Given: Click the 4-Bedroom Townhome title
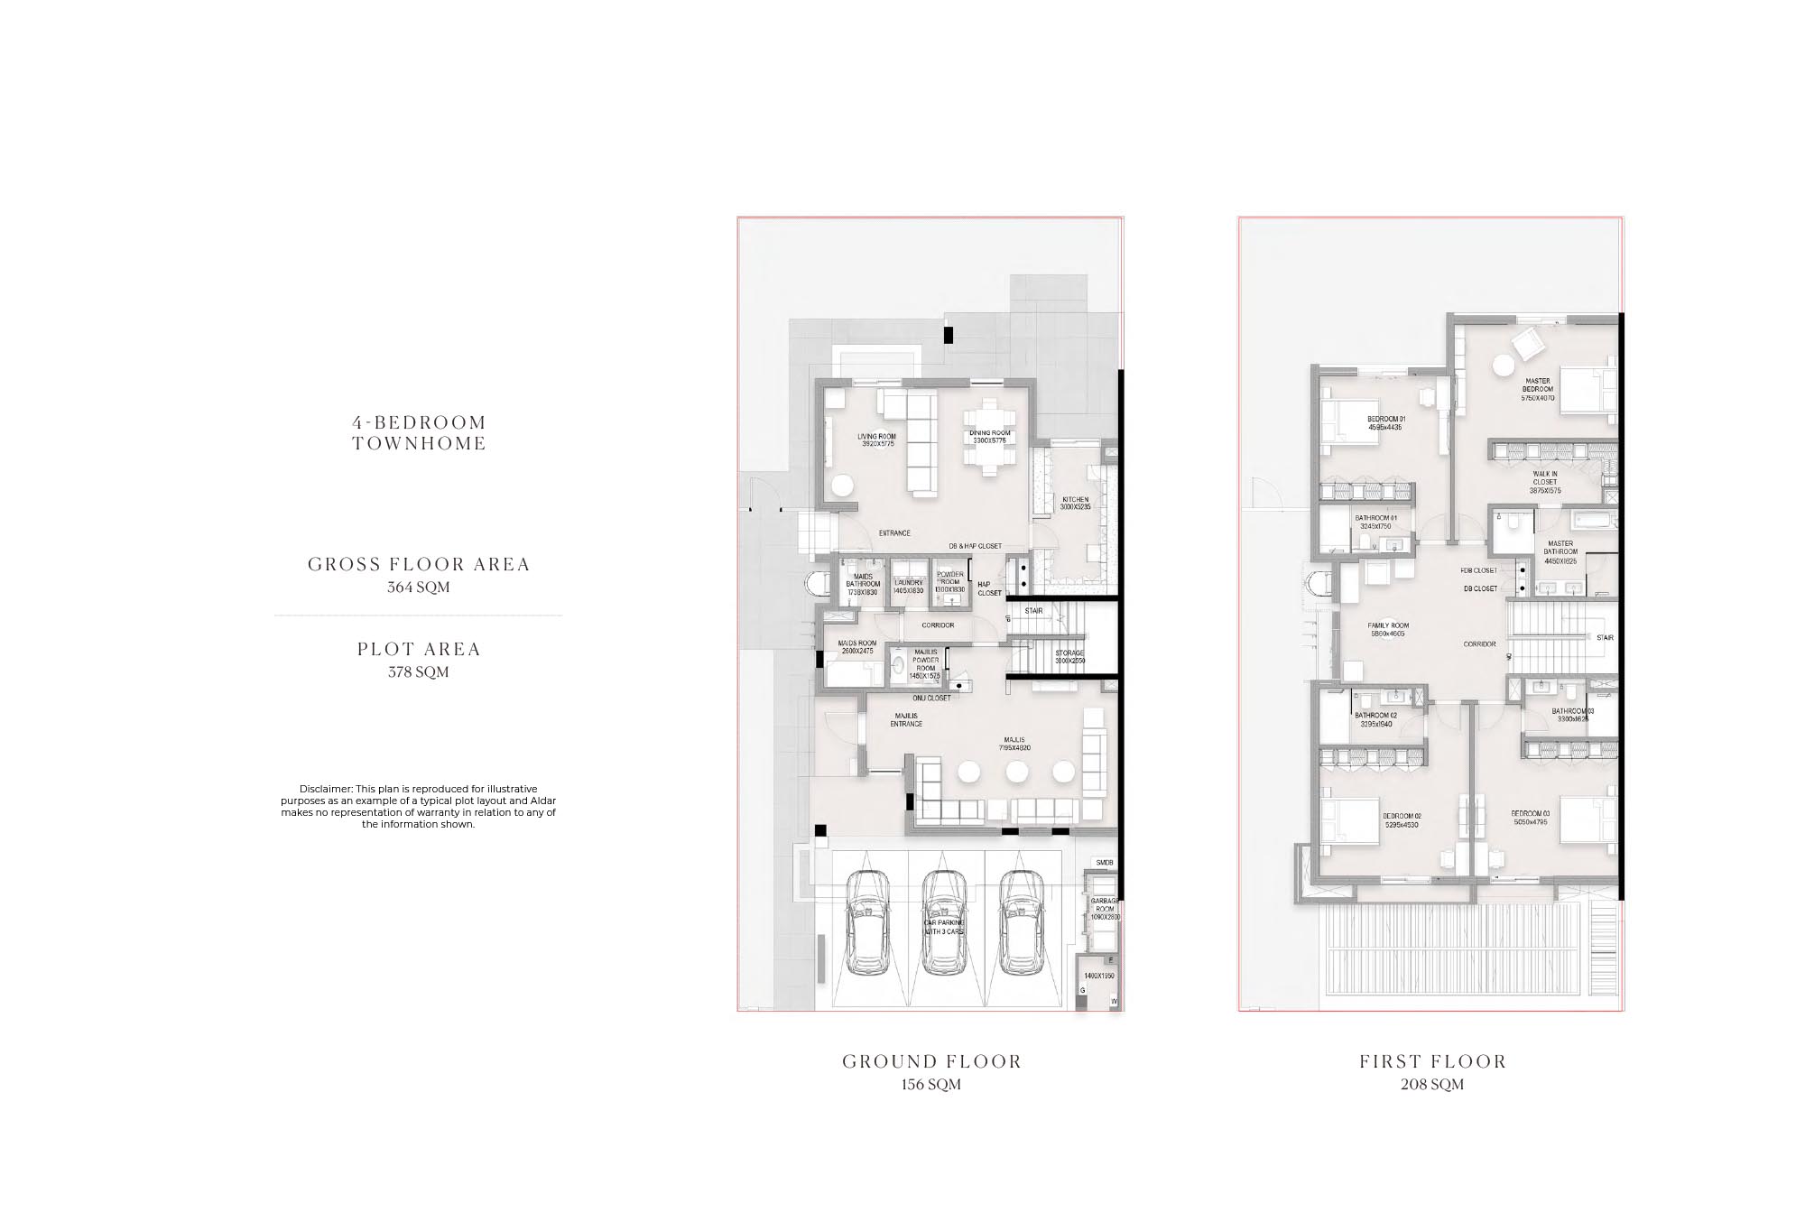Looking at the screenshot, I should (419, 432).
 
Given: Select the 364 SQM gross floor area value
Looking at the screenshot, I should (419, 588).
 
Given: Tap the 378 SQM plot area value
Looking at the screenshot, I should (419, 672).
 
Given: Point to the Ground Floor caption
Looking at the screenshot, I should (931, 1061).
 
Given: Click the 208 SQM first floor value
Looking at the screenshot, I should (1432, 1085).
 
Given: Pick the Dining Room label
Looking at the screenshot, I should (990, 438).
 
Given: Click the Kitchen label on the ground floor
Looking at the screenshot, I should (1075, 503).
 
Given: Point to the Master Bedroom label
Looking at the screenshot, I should (1537, 389).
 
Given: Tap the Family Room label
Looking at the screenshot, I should (1388, 630).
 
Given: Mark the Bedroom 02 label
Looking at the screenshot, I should (1402, 819).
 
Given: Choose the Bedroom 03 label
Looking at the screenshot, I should (1530, 818).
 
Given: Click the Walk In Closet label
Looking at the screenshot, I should (1544, 482).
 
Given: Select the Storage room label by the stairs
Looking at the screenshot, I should (1069, 657).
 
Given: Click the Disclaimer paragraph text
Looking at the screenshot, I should (418, 806).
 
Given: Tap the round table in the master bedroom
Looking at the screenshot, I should (1503, 366).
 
